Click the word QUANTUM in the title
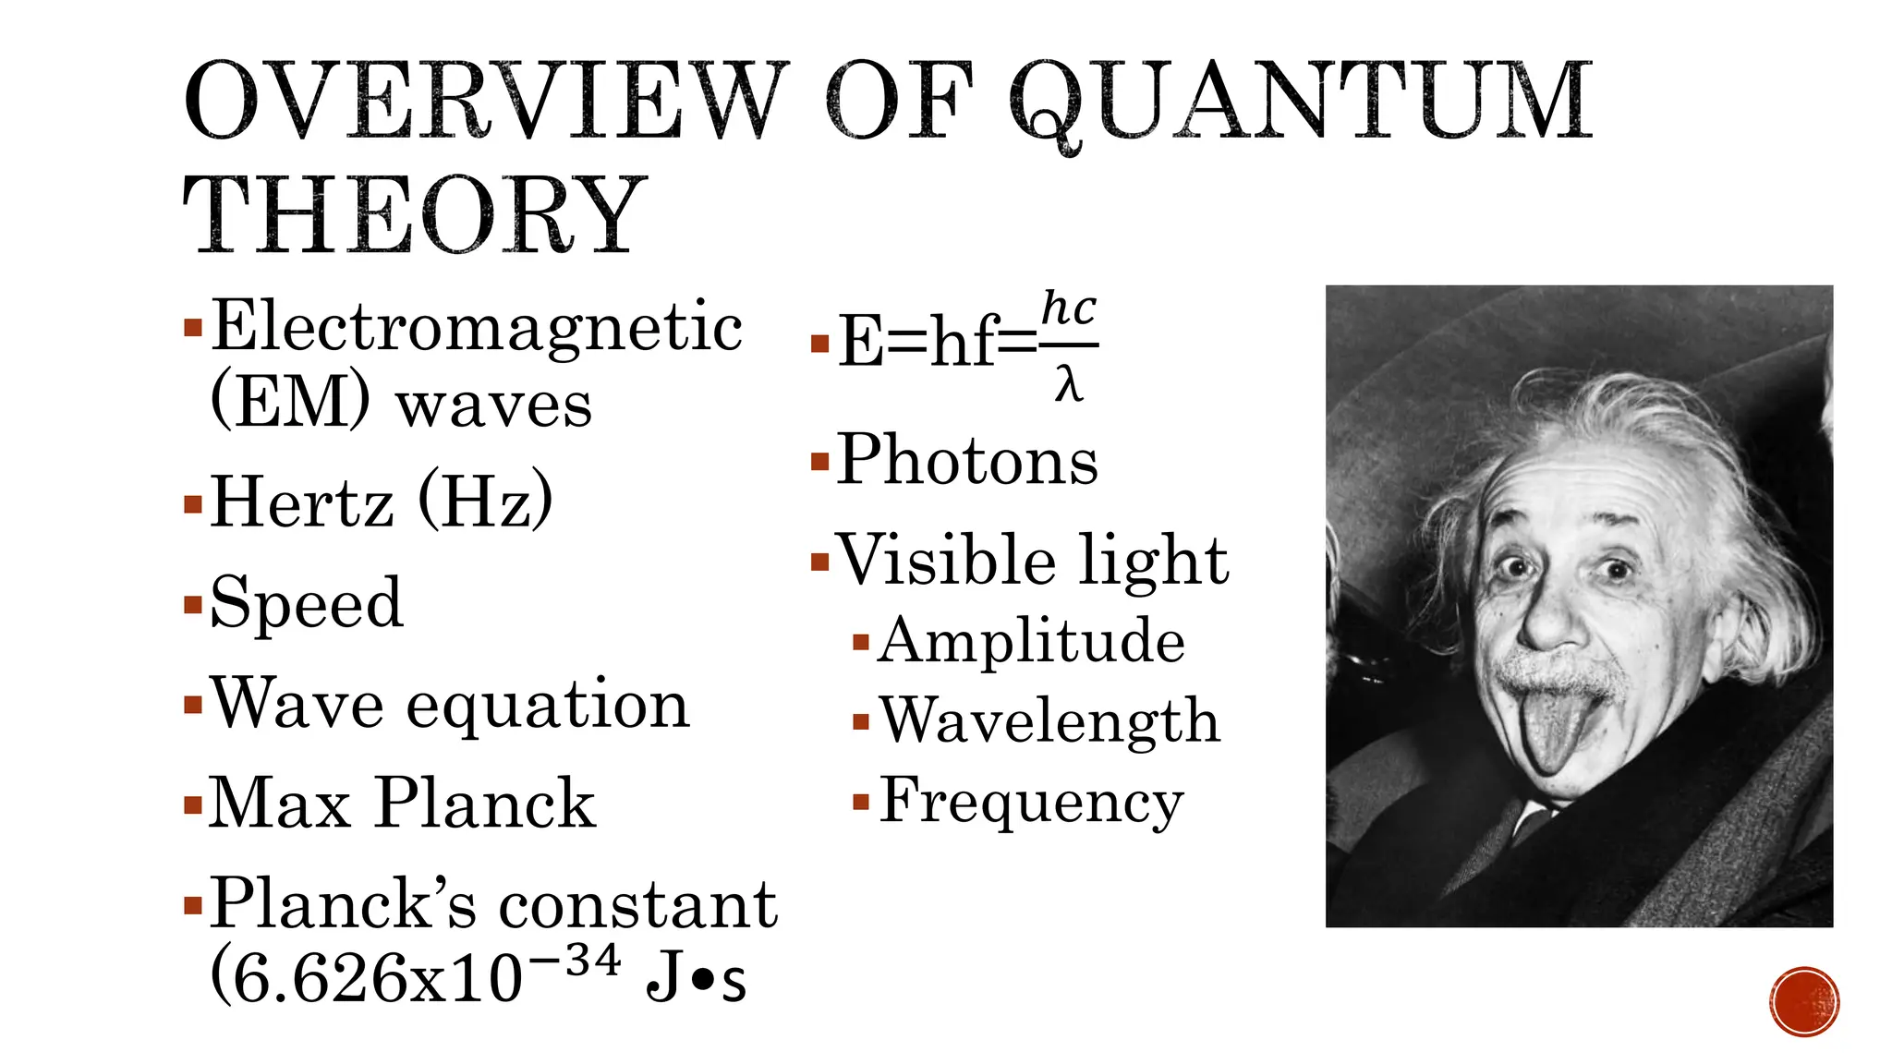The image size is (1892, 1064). [x=1301, y=102]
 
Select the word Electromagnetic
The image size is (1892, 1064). [x=477, y=328]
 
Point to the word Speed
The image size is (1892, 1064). [x=307, y=602]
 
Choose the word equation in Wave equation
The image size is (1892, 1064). [x=548, y=704]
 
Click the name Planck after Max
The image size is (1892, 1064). [x=485, y=803]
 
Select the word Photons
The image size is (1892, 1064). [x=967, y=460]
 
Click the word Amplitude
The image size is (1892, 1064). [x=1031, y=641]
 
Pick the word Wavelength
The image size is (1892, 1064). [x=1049, y=720]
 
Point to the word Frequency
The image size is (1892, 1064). [x=1031, y=801]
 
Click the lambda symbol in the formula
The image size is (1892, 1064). [x=1068, y=383]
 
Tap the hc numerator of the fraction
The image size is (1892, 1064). [x=1069, y=309]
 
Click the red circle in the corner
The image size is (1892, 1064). [x=1804, y=1001]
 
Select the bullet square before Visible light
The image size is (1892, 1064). [x=819, y=562]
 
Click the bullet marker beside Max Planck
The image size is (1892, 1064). [x=193, y=804]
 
